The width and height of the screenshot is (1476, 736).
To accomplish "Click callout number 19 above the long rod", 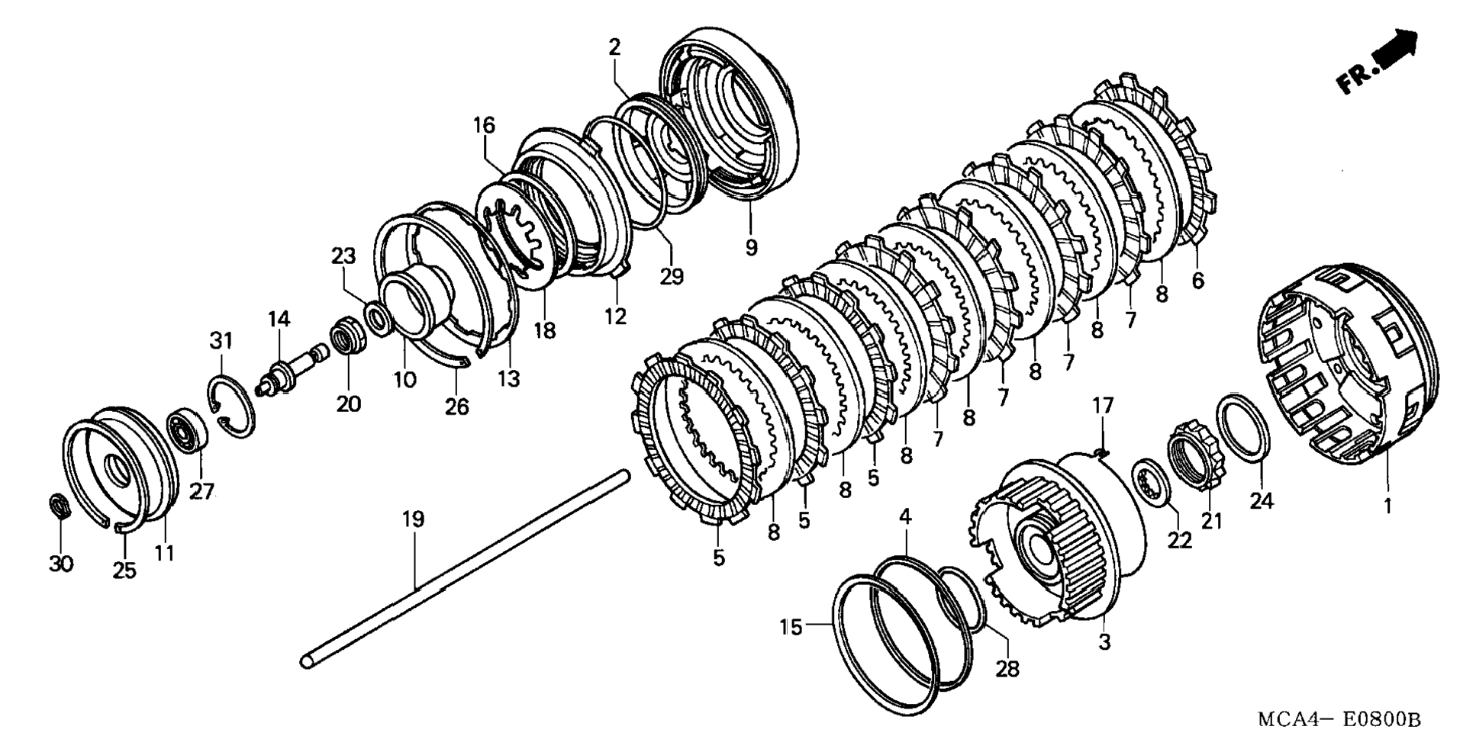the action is click(413, 519).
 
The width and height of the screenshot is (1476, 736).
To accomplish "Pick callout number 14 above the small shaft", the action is click(279, 319).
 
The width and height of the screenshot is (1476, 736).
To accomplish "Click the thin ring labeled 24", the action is click(1243, 429).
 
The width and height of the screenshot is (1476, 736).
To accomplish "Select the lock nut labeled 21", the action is click(1195, 456).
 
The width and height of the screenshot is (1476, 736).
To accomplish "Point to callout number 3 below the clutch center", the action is click(1104, 641).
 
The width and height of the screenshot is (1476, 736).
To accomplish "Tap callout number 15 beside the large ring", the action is click(791, 627).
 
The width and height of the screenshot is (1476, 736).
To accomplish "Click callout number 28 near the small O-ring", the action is click(1007, 669).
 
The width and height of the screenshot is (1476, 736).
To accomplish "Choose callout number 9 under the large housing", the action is click(751, 247).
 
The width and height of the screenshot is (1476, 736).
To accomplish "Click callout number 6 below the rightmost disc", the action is click(1197, 281).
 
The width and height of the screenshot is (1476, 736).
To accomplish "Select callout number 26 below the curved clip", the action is click(457, 407).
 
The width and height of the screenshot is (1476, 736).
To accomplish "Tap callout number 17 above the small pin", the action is click(1103, 405).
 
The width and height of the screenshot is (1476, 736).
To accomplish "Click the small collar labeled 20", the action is click(348, 339).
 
